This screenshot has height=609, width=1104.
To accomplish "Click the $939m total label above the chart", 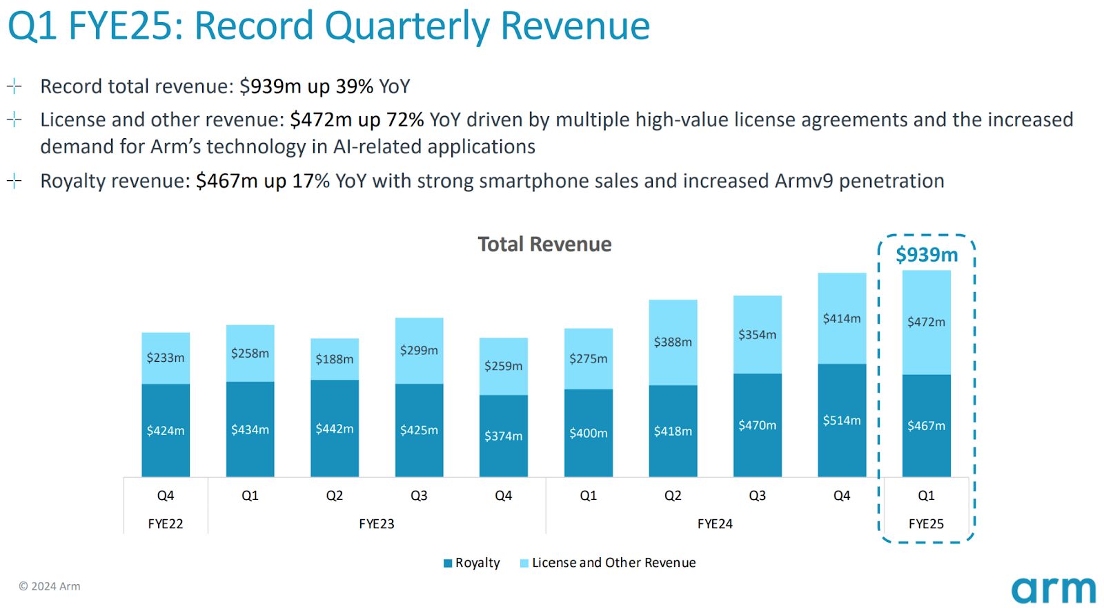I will click(x=927, y=255).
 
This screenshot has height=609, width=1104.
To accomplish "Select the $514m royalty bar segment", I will click(x=842, y=420).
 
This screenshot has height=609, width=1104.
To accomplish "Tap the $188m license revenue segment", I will click(x=335, y=359).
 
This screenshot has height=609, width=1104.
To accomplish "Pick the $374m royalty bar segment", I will click(x=504, y=436).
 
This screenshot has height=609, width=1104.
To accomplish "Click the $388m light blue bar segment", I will click(x=673, y=342).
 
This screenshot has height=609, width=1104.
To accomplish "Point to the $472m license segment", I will click(x=926, y=322).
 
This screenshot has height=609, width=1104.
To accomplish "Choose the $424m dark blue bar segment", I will click(x=166, y=430).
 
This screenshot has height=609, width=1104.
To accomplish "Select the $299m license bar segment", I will click(x=419, y=350).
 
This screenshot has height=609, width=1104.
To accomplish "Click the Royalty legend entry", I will click(x=472, y=563).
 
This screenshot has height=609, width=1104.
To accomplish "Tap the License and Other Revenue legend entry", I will click(x=608, y=563).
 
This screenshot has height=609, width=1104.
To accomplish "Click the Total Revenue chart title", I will click(x=544, y=244).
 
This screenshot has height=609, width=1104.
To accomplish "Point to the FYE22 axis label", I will click(x=166, y=523).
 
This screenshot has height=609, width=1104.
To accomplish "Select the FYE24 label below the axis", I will click(x=715, y=523).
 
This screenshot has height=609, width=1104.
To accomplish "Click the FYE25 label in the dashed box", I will click(x=926, y=523).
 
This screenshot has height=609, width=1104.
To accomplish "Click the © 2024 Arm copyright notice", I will click(x=50, y=586).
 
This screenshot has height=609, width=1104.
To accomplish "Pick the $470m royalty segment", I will click(x=757, y=425).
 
